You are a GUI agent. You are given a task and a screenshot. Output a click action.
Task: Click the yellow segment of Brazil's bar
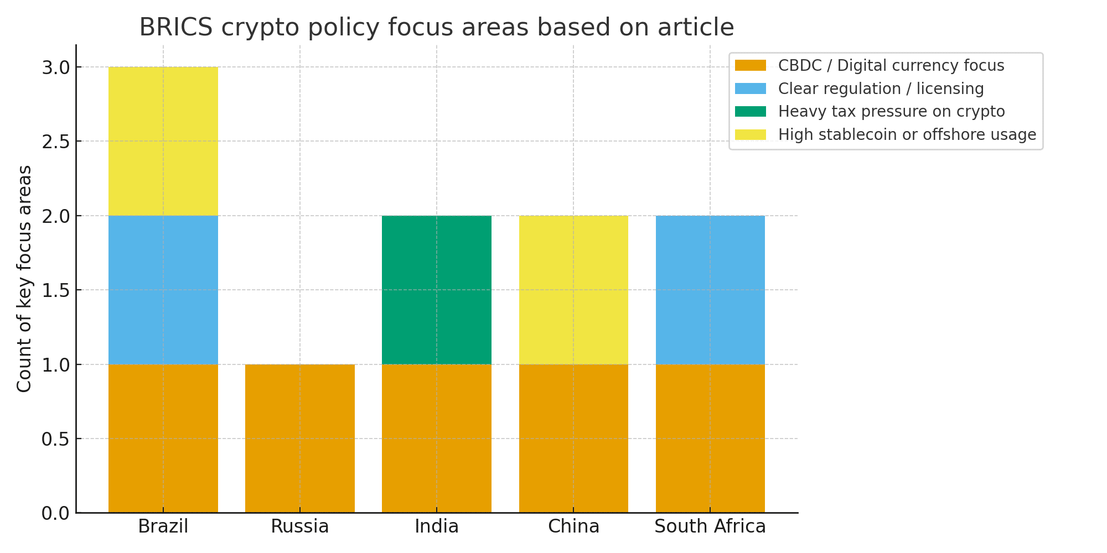[163, 141]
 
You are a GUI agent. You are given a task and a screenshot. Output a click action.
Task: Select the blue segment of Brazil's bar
[163, 290]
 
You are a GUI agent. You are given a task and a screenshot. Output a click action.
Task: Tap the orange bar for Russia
[299, 438]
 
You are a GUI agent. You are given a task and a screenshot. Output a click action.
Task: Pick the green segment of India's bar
[436, 290]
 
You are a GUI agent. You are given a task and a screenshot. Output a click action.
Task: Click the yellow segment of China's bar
[573, 290]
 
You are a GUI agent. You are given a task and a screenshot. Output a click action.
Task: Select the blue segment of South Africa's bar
[710, 290]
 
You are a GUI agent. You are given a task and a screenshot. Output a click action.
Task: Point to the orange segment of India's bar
[436, 438]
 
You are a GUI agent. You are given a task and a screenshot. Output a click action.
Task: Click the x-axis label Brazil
[163, 526]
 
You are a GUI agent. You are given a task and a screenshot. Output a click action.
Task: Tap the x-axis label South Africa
[710, 526]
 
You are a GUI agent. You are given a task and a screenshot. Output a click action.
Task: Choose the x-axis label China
[573, 526]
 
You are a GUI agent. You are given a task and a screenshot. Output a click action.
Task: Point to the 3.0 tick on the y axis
[55, 68]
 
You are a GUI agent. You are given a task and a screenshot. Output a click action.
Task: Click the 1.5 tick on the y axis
[55, 290]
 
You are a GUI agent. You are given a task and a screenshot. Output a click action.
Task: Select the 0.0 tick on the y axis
[55, 514]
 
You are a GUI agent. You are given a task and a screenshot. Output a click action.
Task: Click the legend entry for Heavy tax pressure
[891, 112]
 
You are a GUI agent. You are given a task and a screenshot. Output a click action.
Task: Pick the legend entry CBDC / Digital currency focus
[891, 66]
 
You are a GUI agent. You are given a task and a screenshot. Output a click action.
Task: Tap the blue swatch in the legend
[750, 88]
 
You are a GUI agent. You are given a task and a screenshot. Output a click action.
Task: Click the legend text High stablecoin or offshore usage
[907, 135]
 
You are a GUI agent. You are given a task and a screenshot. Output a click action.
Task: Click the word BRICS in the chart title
[175, 28]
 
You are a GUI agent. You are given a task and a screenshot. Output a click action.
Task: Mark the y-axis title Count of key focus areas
[24, 279]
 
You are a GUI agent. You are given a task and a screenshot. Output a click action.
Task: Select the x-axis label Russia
[299, 526]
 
